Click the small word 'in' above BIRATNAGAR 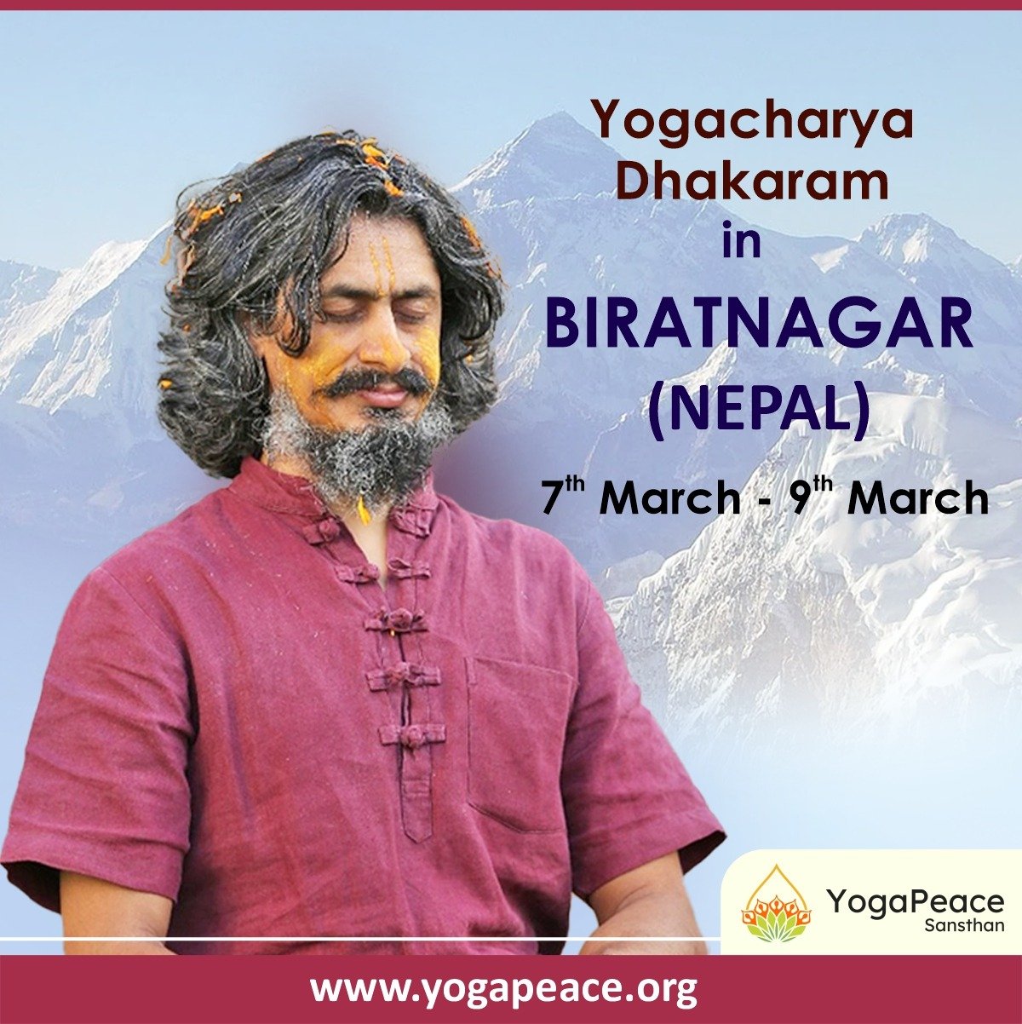click(x=742, y=243)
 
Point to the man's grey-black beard click(x=356, y=452)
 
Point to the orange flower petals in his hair click(x=372, y=154)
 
